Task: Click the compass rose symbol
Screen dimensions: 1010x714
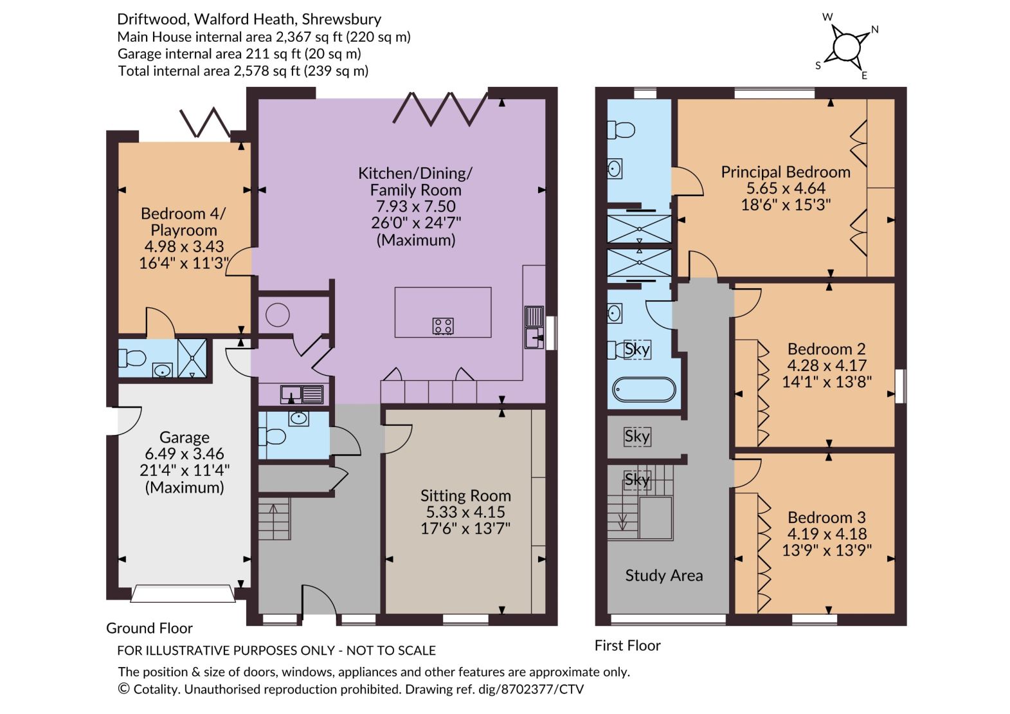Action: coord(847,47)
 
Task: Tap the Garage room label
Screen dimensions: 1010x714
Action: coord(185,437)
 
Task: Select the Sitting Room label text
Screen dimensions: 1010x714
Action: coord(465,495)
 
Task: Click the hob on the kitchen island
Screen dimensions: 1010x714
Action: coord(443,326)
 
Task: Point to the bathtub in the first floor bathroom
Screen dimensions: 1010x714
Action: coord(644,389)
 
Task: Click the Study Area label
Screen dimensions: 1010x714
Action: coord(663,576)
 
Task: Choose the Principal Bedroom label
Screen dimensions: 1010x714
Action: coord(786,172)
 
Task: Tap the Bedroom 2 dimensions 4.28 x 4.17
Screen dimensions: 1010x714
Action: coord(826,365)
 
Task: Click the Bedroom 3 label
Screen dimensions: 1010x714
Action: coord(827,517)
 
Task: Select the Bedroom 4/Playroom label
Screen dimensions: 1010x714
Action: coord(183,221)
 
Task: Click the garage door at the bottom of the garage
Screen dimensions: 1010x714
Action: coord(183,593)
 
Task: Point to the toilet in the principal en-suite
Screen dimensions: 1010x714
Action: coord(621,130)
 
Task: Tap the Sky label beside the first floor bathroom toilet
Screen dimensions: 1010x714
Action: coord(637,349)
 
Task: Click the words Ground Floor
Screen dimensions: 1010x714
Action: coord(149,628)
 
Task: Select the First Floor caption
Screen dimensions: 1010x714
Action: coord(627,645)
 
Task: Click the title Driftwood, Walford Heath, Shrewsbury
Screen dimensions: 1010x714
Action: coord(249,19)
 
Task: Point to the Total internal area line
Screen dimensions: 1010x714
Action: coord(244,71)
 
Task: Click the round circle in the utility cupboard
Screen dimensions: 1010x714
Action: coord(277,315)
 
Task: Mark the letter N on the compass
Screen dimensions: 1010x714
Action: coord(875,30)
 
